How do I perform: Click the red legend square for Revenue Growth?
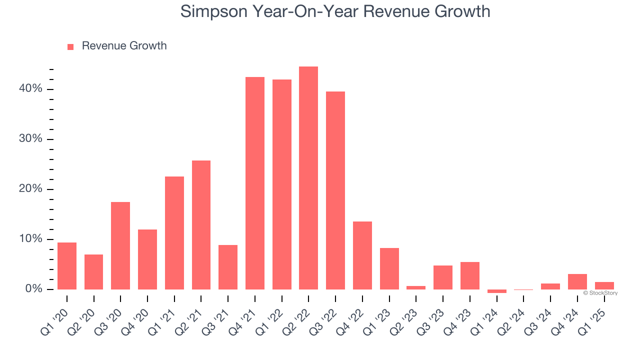point(70,46)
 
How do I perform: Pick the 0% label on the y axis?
point(34,289)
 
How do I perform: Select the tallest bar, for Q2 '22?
point(308,178)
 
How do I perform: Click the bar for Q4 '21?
point(254,183)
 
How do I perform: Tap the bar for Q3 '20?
point(120,245)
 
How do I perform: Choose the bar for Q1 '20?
point(67,266)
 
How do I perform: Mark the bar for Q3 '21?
point(228,267)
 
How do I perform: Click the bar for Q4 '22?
point(362,255)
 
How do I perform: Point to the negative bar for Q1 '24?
point(496,291)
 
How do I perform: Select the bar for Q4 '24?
point(577,282)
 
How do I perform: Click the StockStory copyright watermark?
point(600,293)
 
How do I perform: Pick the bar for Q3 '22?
point(335,190)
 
